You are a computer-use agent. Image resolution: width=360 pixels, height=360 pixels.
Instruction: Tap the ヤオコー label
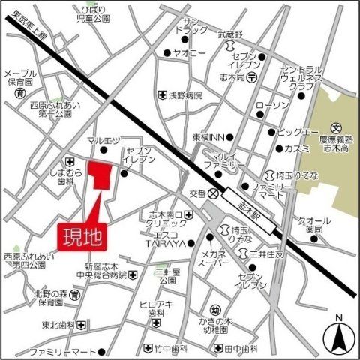[190, 55]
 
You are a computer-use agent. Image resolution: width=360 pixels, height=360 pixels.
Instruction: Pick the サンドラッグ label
[191, 26]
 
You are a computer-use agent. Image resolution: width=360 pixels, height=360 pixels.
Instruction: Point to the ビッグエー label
[292, 133]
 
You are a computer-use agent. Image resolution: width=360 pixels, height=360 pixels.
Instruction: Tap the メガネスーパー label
[218, 260]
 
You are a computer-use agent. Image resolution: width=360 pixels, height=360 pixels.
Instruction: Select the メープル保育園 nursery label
[20, 77]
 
